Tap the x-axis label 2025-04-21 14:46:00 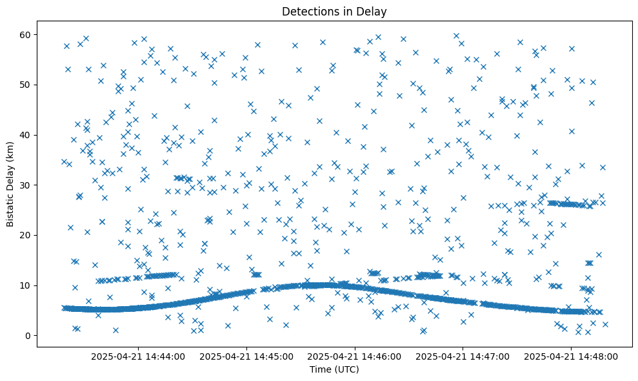[355, 356]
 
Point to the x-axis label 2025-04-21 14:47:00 [463, 356]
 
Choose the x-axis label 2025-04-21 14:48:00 [572, 356]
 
